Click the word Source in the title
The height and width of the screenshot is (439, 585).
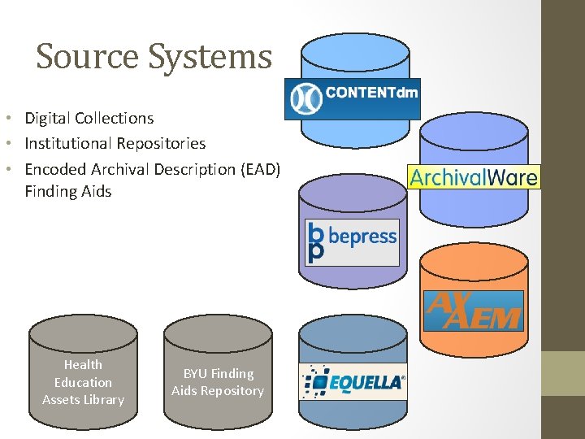(x=76, y=57)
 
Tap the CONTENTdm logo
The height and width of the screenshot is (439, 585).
(x=352, y=98)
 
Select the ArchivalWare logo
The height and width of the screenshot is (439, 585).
(x=474, y=176)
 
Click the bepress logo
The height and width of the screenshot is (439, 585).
(x=352, y=242)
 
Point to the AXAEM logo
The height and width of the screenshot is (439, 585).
(x=473, y=310)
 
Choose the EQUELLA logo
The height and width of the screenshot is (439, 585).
(x=352, y=382)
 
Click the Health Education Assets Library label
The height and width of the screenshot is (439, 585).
(x=83, y=382)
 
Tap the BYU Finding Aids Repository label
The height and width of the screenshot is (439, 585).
(x=218, y=382)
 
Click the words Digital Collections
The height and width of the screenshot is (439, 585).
(x=89, y=118)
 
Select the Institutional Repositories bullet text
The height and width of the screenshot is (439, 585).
(x=115, y=143)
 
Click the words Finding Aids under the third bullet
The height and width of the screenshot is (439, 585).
(x=67, y=192)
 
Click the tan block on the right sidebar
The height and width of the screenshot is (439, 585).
(x=563, y=373)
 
